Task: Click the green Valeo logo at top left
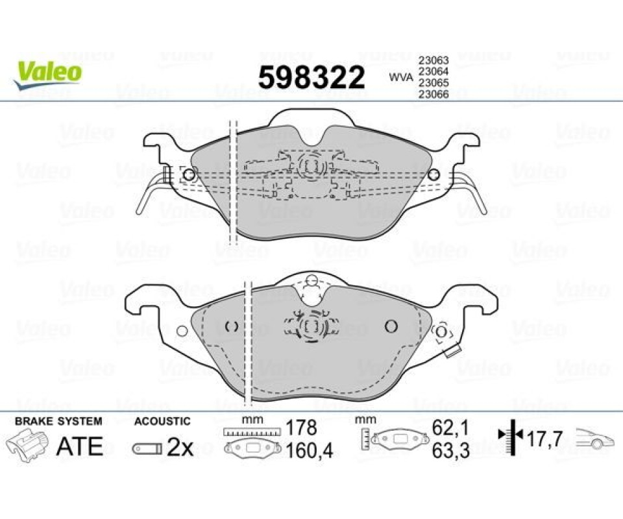[47, 75]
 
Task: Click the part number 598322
[311, 78]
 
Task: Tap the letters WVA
[401, 77]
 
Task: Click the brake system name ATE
[80, 446]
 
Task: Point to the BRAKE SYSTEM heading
[58, 421]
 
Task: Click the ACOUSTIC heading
[162, 421]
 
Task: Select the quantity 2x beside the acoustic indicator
[180, 448]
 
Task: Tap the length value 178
[302, 428]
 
